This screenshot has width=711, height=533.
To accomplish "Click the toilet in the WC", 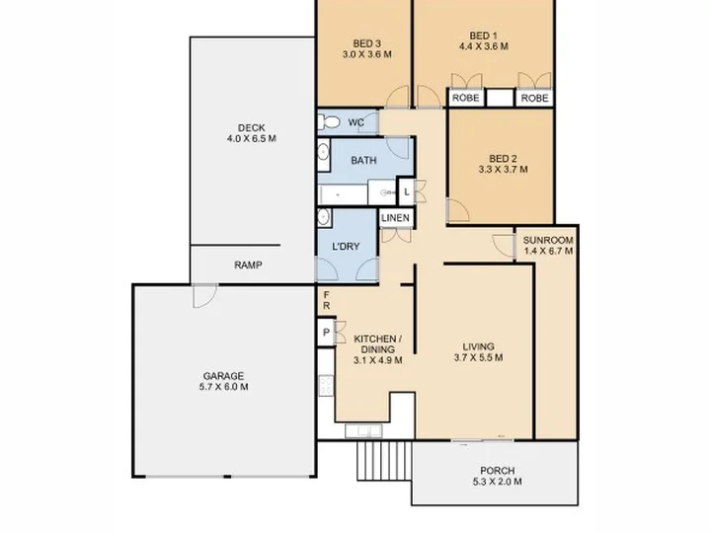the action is point(329,122).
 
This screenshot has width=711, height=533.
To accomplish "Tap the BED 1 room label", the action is point(483,36).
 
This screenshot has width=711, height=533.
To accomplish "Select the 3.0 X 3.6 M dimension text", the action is point(366,54).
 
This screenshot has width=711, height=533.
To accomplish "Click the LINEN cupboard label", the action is point(395,218).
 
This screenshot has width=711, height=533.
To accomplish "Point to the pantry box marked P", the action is point(326,333).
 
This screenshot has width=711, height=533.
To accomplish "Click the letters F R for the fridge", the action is point(327,300).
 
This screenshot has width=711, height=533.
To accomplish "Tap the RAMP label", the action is point(248,266).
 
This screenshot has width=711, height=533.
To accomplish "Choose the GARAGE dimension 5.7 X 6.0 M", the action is point(223,387).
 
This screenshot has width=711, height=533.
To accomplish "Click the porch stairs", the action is point(384,461).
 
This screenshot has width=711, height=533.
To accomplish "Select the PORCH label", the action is point(497,471).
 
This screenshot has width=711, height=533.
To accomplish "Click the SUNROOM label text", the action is point(548,240).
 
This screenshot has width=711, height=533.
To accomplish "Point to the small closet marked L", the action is point(407,191).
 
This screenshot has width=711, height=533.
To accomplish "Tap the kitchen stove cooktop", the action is point(326,386).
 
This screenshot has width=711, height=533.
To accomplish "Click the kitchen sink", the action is point(363,431).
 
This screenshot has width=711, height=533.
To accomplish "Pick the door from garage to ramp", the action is point(205,296).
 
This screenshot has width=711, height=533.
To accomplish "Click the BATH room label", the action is point(363,161).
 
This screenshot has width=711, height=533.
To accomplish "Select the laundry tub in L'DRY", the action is point(324,216).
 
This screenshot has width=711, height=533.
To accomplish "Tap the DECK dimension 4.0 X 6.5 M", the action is point(252,139).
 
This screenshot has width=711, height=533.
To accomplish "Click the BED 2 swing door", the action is point(457,210).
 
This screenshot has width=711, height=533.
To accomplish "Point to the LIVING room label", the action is point(478,346).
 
